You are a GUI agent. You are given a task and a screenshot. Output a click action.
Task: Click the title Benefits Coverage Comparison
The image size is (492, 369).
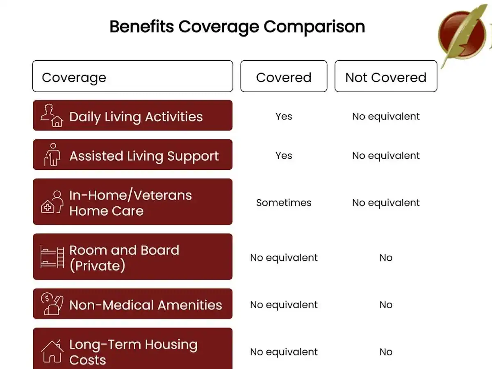coord(237,27)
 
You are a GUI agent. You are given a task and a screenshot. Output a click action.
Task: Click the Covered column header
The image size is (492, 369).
coord(284,77)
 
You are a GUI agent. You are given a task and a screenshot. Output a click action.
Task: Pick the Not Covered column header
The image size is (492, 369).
coord(386,77)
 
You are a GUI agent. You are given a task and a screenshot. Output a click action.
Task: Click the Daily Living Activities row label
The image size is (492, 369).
coord(136,117)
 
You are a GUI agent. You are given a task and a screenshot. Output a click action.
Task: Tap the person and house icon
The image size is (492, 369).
coord(52,116)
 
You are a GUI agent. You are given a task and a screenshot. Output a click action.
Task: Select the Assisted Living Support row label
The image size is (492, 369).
coord(144,156)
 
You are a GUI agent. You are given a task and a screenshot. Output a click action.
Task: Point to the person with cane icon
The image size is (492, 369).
coord(52,155)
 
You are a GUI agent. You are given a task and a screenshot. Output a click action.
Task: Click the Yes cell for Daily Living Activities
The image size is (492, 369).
coord(284,116)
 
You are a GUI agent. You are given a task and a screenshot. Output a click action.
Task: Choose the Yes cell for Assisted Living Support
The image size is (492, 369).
coord(284,156)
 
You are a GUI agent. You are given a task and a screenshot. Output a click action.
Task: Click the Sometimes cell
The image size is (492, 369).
coord(284,203)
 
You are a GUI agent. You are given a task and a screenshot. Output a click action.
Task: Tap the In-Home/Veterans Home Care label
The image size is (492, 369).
coord(130,203)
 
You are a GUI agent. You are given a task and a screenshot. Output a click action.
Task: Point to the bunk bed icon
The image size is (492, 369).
coord(52,257)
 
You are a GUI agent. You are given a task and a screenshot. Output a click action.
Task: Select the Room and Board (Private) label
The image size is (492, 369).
coord(124,258)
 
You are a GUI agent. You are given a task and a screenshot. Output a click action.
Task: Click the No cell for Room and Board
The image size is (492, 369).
coord(386,258)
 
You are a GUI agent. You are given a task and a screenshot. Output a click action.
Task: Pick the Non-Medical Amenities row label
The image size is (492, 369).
coord(146,305)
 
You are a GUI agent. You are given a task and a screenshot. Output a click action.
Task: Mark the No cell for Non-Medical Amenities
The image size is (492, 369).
coord(386,305)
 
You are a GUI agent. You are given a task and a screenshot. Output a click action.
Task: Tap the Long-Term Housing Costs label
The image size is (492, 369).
coord(133,352)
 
